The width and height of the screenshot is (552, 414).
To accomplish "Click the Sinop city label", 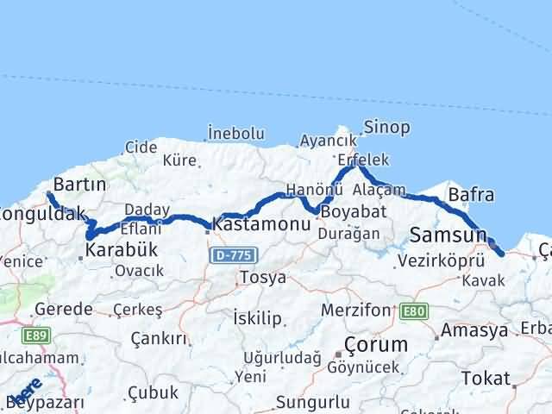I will point(386,128).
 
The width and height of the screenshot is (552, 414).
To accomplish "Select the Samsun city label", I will point(448,234).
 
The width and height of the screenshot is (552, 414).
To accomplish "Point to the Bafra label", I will point(471,195).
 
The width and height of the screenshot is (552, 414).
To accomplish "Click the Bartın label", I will point(79,185).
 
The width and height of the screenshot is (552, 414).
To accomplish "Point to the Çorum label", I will point(375,344).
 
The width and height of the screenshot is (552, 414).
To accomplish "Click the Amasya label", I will point(474,331).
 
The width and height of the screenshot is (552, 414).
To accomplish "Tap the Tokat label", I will point(486,377).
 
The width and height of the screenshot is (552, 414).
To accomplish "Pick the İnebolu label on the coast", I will point(235,134).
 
